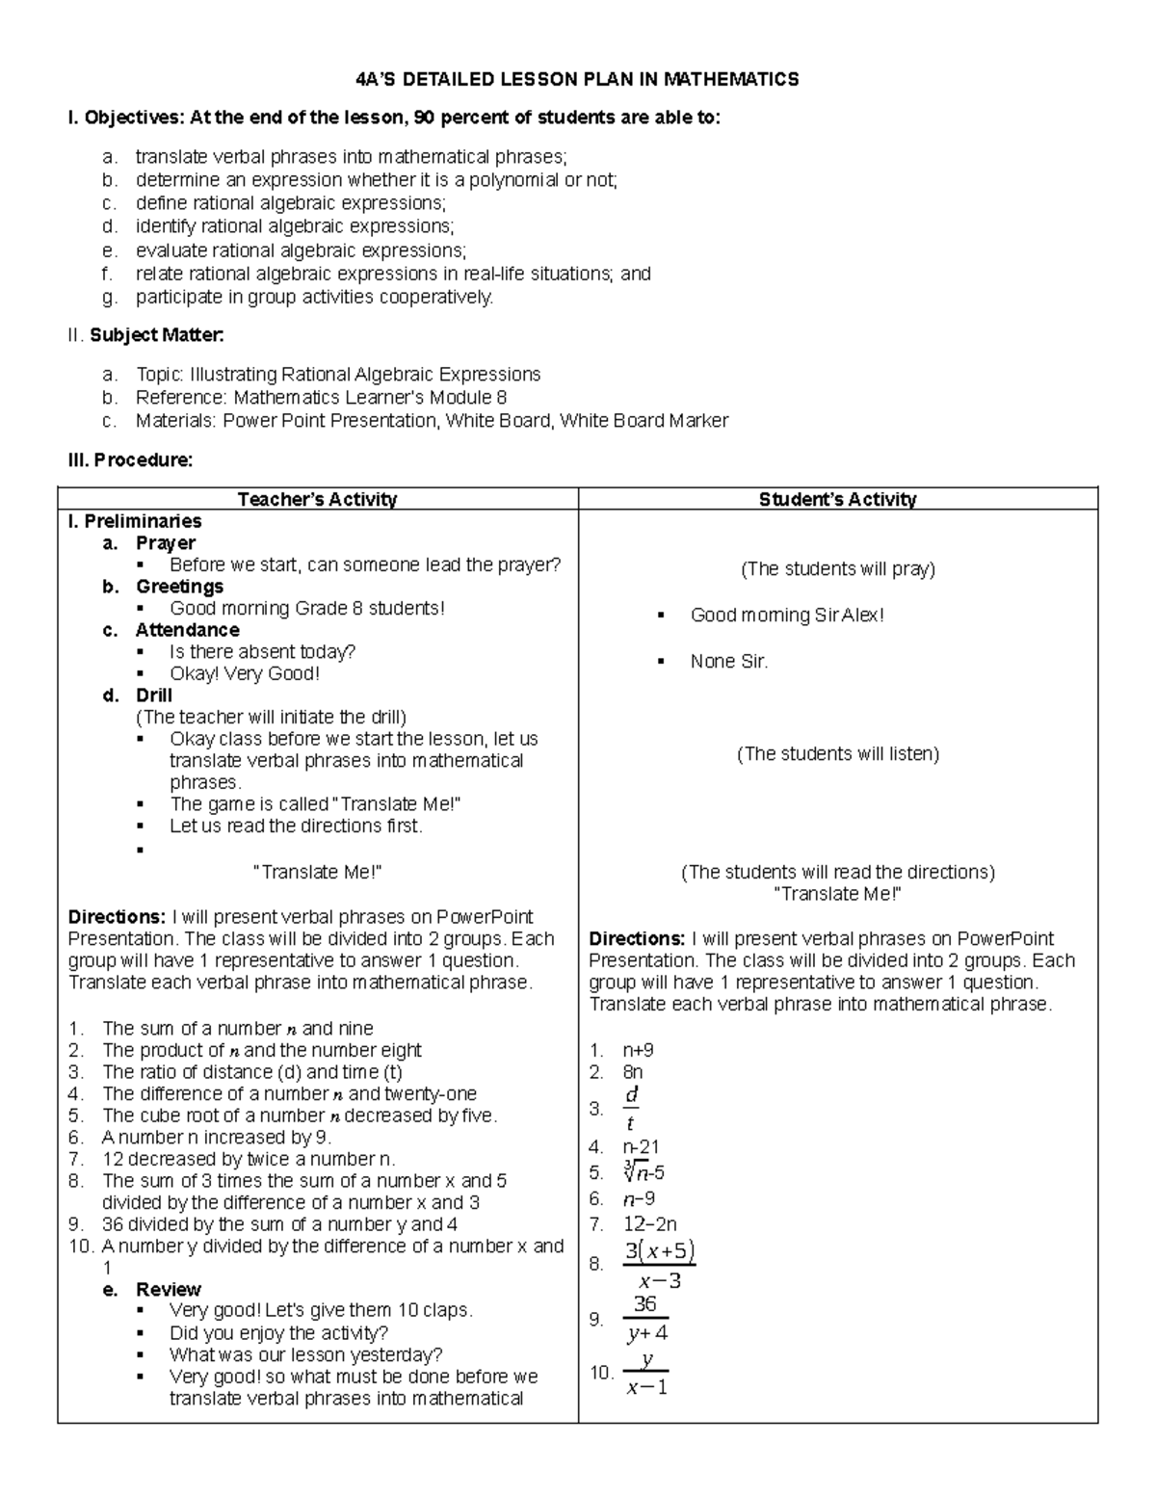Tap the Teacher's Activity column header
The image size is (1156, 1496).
(x=317, y=499)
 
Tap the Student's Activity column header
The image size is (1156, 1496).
(x=837, y=499)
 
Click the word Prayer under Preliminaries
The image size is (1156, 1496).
(x=166, y=543)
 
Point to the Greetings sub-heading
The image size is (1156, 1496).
(x=179, y=587)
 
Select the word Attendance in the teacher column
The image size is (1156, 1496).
(x=187, y=630)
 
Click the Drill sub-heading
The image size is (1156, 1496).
(x=154, y=696)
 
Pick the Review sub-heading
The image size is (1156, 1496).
(x=169, y=1289)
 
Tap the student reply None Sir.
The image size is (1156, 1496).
(x=729, y=661)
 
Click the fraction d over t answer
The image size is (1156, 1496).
(x=631, y=1109)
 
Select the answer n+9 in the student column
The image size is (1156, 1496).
(x=638, y=1050)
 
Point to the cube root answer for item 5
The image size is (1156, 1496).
(x=644, y=1172)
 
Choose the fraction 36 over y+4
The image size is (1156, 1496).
(x=646, y=1319)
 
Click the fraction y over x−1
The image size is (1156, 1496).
(x=646, y=1373)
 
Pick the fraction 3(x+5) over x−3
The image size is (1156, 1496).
(x=659, y=1265)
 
